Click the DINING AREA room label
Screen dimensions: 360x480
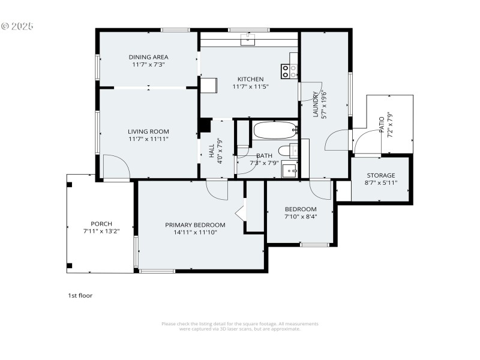148,57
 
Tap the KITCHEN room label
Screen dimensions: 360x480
250,79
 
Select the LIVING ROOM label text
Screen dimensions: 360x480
148,131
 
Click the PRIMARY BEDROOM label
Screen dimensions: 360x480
195,225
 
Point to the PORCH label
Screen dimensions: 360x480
101,224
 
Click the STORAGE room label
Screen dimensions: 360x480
381,175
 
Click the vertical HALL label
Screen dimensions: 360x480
212,151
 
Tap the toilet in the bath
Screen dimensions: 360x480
285,151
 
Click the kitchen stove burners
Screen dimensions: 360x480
289,71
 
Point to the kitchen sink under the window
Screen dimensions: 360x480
247,40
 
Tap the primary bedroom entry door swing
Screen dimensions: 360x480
217,189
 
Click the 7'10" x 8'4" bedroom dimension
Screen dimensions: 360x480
301,217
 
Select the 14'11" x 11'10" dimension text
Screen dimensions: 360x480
195,232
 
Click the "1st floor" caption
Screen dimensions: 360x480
80,295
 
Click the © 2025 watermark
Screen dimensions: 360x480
17,26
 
